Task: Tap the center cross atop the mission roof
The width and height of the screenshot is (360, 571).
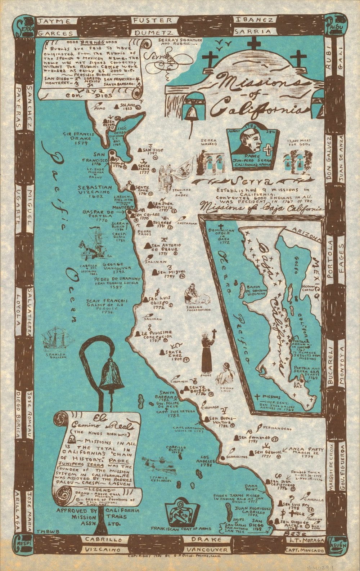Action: tap(256, 45)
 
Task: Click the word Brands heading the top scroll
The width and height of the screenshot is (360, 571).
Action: tap(90, 43)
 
